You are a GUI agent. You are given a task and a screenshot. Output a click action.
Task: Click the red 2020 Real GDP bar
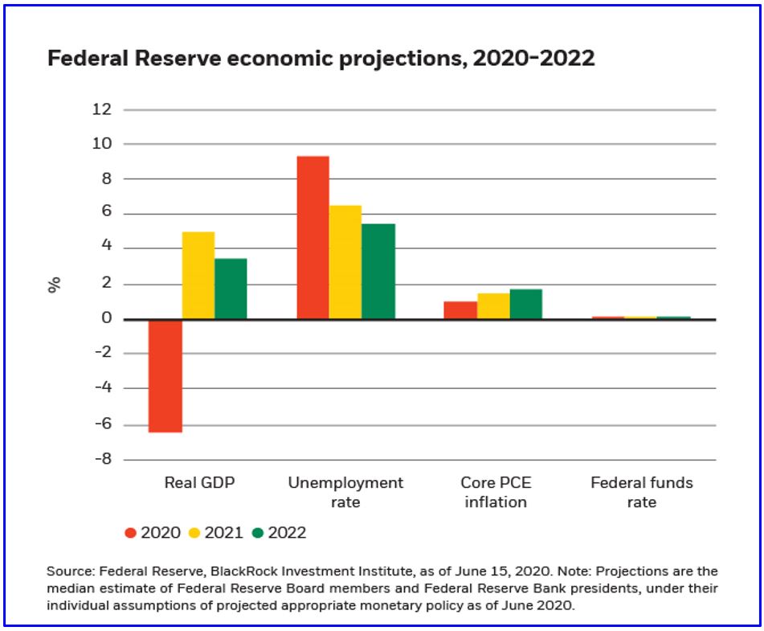click(x=165, y=375)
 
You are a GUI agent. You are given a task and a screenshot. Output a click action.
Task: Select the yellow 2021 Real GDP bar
click(x=198, y=276)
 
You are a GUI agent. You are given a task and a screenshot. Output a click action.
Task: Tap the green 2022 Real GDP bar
click(x=231, y=289)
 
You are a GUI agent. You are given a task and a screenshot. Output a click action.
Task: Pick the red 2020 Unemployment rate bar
click(x=313, y=238)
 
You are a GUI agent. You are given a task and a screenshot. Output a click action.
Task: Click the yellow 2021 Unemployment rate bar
click(x=345, y=262)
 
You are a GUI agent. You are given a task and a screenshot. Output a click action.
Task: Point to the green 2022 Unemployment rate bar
click(x=378, y=272)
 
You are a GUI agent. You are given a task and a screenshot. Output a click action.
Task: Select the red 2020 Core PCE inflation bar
click(x=460, y=310)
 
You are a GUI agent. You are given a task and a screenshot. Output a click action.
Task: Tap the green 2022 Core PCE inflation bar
click(x=526, y=304)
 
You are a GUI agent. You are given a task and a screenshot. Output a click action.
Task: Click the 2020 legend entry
click(x=153, y=532)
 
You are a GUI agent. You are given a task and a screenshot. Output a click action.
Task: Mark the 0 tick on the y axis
click(x=106, y=319)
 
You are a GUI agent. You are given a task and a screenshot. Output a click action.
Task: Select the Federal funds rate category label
click(x=641, y=492)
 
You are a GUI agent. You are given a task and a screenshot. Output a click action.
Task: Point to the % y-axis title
click(x=55, y=285)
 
